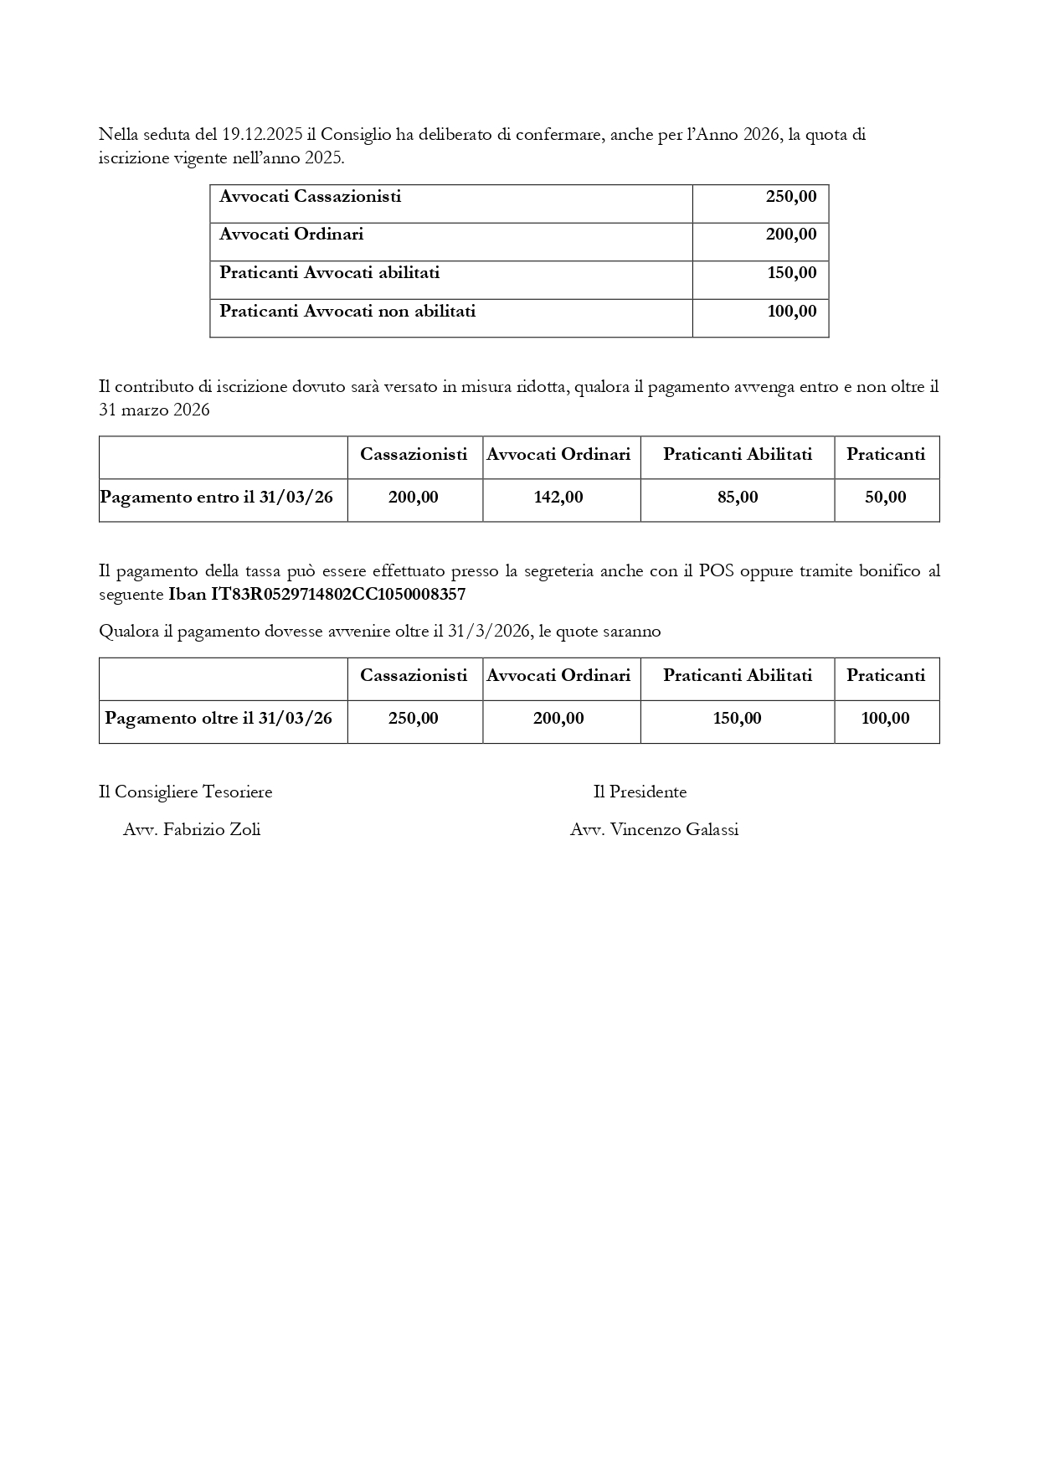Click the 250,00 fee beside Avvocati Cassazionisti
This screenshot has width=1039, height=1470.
(790, 197)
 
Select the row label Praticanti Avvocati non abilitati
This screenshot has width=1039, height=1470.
(347, 312)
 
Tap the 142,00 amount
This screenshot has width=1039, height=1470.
(558, 498)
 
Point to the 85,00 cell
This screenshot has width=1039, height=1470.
(738, 498)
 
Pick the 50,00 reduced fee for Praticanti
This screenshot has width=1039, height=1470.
(886, 498)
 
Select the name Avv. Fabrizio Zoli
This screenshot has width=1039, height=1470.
(192, 830)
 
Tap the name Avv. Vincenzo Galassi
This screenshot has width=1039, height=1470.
(654, 830)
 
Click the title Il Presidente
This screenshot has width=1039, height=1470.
(640, 792)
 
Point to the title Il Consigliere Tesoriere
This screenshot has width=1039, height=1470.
(186, 792)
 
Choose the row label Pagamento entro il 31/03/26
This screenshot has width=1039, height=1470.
(217, 498)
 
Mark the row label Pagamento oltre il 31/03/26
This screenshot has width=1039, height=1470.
(219, 719)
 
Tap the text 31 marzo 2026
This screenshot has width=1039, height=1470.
(154, 410)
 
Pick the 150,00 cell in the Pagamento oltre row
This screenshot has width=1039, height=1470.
(738, 719)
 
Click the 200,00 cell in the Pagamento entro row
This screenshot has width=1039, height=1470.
(414, 498)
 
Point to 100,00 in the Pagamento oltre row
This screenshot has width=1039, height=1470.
(886, 719)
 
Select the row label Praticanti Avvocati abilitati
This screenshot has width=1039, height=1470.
(329, 273)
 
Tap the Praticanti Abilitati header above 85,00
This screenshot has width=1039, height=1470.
(738, 455)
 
